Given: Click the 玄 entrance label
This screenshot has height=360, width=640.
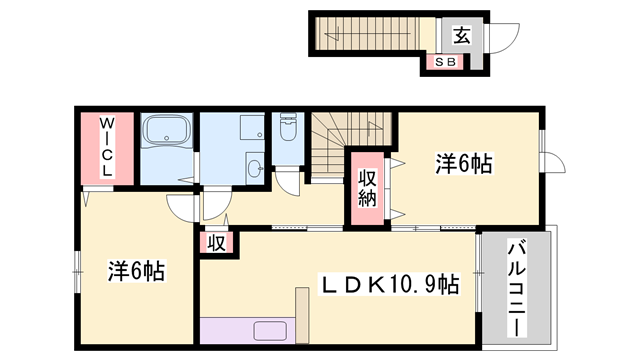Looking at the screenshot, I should pos(462,35).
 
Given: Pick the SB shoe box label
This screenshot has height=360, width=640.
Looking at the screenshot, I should pos(444,62).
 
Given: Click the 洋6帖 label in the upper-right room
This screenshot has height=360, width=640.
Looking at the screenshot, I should pos(464,163).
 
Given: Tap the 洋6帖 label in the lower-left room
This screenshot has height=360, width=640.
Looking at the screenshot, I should pos(136,270).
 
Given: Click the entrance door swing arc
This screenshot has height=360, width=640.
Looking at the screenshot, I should pos(506,39).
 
